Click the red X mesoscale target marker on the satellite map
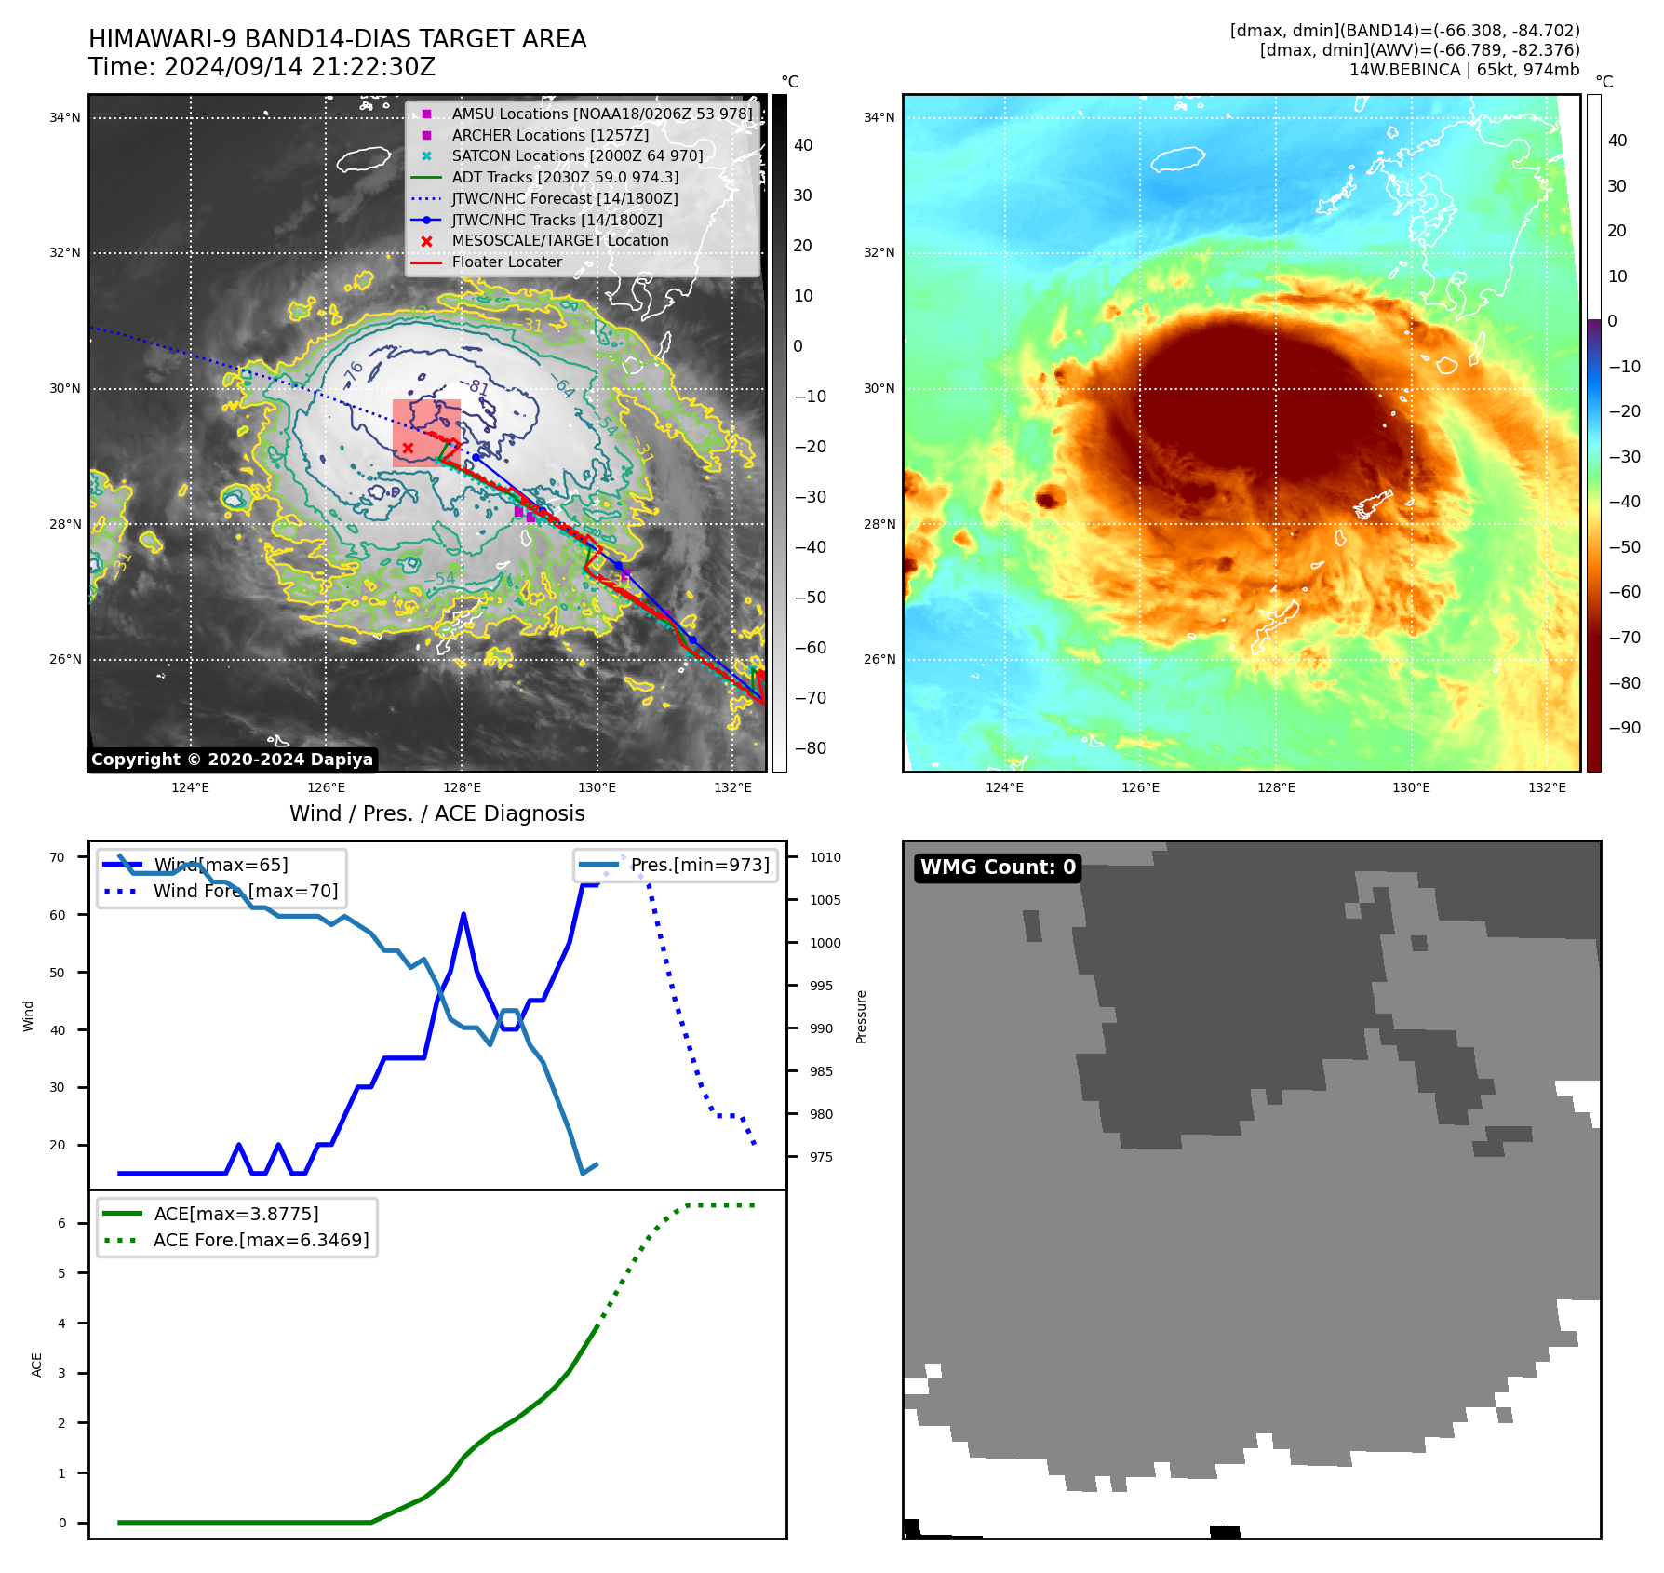408,449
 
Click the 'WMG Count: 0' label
998,867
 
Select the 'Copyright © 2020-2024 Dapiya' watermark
232,760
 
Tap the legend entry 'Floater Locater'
506,262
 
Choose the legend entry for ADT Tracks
565,177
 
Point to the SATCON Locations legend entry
577,156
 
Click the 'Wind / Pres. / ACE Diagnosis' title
437,814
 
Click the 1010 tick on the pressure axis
825,858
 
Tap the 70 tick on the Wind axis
58,858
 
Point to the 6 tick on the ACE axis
62,1223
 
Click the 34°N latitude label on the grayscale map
65,118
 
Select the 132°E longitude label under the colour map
1547,788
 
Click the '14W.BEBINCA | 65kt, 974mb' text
1464,70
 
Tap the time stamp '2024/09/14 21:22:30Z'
300,68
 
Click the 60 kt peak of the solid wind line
463,915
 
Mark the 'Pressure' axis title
862,1016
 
